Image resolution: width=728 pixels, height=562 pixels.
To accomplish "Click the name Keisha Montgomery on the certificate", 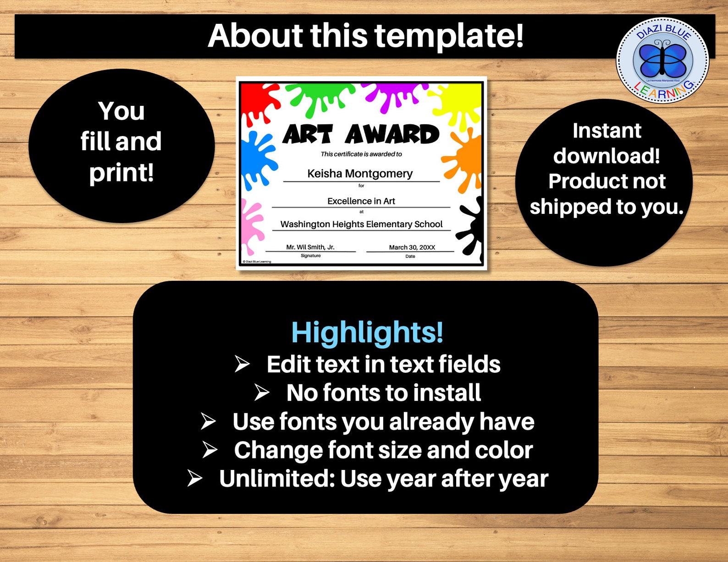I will pos(360,174).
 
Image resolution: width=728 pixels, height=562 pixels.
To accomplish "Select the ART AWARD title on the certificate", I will pos(360,134).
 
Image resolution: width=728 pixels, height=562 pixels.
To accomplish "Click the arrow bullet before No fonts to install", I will pos(262,393).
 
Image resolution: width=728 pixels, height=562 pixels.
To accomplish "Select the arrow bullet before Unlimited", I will pos(195,478).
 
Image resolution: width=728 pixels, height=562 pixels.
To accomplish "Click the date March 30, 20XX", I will pos(412,247).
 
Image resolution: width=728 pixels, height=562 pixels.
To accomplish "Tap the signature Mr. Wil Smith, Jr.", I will pos(310,247).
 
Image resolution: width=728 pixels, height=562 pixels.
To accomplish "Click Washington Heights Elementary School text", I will pos(361,224).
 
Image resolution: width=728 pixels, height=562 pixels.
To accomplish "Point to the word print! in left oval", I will pos(121,173).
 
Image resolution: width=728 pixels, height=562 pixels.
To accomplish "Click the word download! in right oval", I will pos(607,156).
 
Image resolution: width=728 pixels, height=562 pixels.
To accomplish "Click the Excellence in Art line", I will pos(361,201).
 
